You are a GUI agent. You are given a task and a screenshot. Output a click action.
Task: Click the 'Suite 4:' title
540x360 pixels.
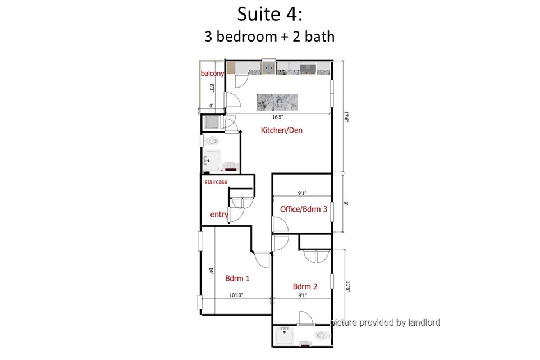coord(269,14)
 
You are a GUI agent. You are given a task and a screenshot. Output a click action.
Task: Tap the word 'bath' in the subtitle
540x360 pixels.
coord(319,36)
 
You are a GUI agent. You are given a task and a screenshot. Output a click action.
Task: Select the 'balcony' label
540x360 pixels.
coord(212,74)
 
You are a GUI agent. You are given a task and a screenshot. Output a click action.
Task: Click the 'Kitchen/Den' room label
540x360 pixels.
coord(282,130)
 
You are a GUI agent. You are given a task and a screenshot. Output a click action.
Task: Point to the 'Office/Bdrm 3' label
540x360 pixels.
coord(304,209)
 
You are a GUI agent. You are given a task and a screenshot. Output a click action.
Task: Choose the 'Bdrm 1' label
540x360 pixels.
coord(237,279)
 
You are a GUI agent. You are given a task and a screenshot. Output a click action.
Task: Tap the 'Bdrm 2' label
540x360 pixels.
coord(305,286)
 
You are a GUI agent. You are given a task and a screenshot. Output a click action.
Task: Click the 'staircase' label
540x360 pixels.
coord(216,181)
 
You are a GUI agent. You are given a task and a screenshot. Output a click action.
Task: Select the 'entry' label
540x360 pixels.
coord(219,215)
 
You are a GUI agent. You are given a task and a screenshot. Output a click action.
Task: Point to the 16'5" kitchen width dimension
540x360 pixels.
coord(277,117)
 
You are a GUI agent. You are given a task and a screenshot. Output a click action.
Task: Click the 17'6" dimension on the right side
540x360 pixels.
coord(347,116)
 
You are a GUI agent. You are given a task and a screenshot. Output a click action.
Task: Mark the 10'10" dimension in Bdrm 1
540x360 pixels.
coord(236,295)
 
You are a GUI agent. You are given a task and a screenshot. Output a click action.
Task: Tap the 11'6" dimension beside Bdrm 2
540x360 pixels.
coord(348,286)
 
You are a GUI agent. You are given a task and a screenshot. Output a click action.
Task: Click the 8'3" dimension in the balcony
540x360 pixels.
coord(212,89)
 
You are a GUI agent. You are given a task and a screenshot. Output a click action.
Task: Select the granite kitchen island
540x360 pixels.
coord(277,102)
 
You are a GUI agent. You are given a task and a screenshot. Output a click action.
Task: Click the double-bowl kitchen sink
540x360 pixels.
coord(268,68)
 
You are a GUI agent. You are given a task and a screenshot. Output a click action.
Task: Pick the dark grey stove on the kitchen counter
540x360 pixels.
coord(308,69)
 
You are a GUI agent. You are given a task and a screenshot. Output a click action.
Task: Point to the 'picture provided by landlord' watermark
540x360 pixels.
coord(385,322)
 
